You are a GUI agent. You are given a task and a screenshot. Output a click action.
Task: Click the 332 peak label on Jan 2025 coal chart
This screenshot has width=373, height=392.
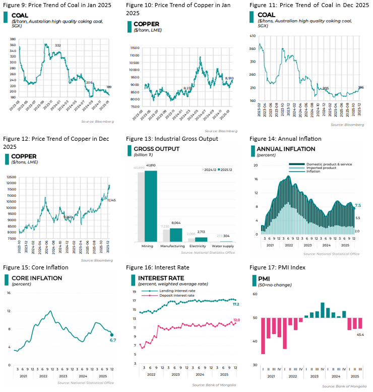coord(57,46)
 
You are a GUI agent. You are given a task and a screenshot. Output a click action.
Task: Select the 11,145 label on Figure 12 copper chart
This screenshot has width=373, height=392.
coord(114,200)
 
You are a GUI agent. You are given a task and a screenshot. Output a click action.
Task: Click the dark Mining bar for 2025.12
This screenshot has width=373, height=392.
coord(151,207)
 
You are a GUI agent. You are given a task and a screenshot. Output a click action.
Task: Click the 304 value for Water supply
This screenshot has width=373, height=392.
coord(226,236)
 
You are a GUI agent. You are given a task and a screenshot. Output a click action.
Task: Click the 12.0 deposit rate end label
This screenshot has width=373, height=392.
coord(236,320)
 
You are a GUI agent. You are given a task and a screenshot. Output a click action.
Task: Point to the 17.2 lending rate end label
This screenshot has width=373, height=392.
coord(236,305)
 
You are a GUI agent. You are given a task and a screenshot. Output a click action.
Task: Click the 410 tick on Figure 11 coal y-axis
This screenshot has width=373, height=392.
coord(253,36)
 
